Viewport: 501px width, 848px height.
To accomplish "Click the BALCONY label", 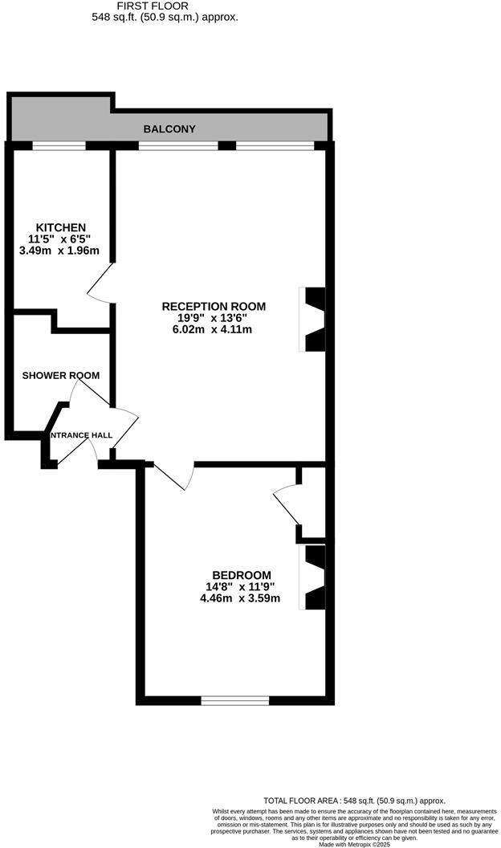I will click(169, 128).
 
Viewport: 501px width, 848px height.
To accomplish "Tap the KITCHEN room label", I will click(60, 227).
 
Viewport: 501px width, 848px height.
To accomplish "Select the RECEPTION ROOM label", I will click(214, 306).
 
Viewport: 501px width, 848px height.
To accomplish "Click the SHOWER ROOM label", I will click(61, 375).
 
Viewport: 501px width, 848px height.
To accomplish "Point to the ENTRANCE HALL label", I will click(81, 435).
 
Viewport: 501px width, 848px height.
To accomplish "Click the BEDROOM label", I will click(242, 575).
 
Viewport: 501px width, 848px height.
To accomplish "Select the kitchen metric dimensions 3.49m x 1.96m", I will click(60, 251).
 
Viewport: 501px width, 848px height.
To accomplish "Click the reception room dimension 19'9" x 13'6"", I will click(214, 318).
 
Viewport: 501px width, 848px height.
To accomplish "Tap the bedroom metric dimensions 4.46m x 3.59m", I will click(242, 598).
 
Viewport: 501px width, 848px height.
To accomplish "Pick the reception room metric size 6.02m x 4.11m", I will click(214, 330).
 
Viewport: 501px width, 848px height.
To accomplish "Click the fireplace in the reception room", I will click(314, 319).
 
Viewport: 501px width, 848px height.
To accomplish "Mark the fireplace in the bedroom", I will click(314, 577).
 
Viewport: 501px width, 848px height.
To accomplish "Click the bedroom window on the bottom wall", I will click(234, 700).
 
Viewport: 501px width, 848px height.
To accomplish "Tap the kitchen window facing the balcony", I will click(59, 145).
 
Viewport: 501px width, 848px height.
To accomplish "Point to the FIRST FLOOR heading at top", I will click(165, 5).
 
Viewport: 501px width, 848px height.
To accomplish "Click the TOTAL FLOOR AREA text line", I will click(354, 801).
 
